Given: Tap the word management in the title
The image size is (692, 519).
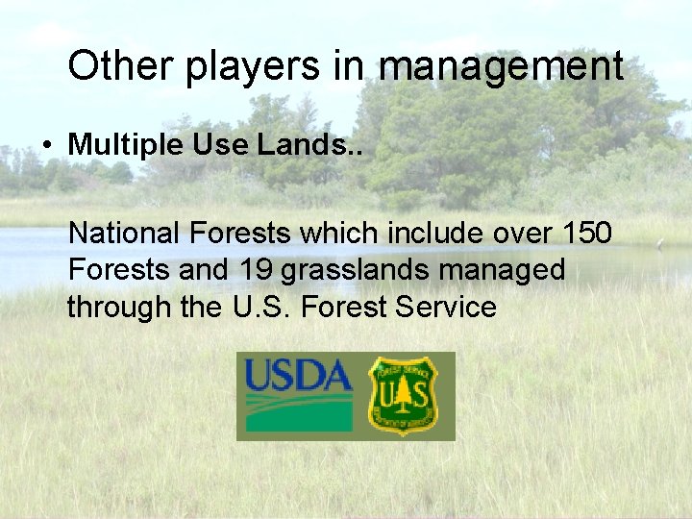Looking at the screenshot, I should click(501, 67).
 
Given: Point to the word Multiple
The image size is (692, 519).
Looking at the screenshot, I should click(126, 144).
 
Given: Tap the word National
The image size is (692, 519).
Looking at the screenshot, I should click(124, 233).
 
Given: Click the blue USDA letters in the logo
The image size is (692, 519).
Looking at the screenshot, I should click(299, 374).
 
